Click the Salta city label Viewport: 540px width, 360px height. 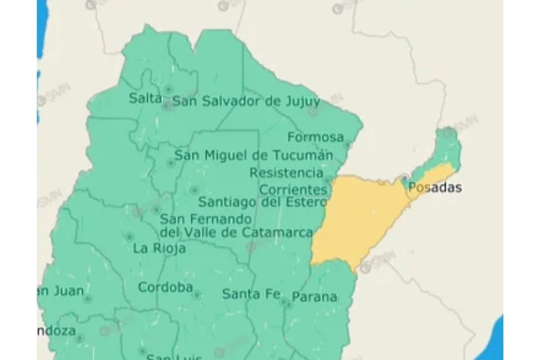145,98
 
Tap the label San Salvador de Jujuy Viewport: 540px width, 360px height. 246,101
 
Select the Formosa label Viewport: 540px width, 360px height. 315,137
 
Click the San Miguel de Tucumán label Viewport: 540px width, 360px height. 253,155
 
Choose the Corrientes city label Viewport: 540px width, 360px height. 293,189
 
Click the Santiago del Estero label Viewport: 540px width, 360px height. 262,202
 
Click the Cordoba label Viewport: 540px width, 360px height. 165,287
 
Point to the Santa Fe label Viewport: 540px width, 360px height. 251,294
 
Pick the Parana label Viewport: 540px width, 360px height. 315,297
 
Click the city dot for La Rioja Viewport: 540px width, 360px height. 130,237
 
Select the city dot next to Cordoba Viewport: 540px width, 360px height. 197,295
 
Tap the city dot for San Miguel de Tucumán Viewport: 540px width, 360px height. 171,163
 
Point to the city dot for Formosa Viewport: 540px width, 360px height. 348,145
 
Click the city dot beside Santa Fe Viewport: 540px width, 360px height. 284,302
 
